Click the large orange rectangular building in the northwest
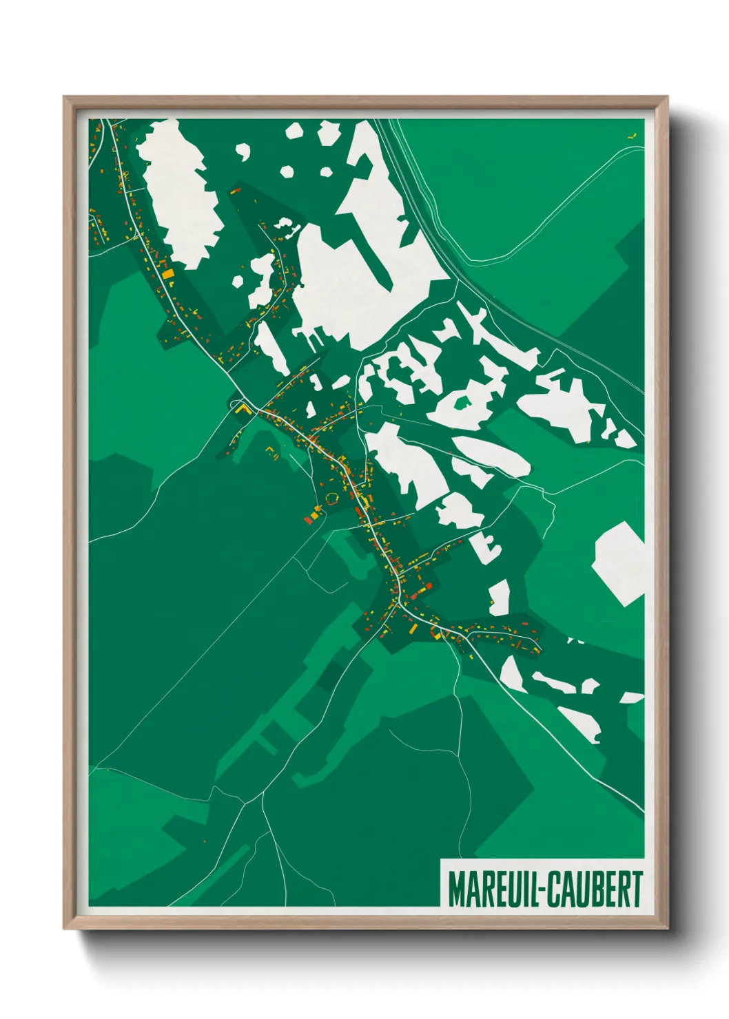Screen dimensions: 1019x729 click(167, 275)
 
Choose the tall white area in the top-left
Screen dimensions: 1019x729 click(181, 193)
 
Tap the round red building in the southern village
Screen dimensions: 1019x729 click(429, 585)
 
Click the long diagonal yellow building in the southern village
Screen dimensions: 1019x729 click(411, 627)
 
